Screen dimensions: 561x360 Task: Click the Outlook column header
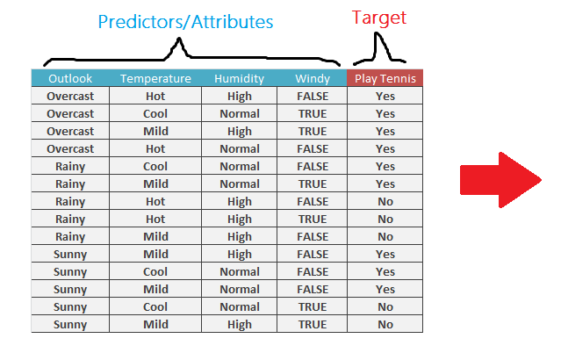point(70,78)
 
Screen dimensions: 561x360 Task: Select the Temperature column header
point(155,78)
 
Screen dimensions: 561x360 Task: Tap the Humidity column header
point(239,78)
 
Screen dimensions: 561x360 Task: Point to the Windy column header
point(312,78)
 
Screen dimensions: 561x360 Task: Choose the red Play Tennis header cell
point(385,78)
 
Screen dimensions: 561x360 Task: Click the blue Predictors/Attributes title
point(185,22)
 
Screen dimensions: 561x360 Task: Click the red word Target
point(379,18)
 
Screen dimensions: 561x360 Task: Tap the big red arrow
point(500,180)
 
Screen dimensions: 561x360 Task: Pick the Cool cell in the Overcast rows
point(155,113)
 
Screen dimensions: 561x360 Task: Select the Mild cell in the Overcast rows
point(155,131)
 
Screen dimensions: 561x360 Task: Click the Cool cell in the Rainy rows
point(155,166)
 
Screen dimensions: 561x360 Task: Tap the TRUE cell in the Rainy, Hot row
point(312,219)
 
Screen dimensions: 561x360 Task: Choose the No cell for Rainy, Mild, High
point(385,236)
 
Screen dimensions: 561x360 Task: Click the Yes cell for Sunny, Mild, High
point(385,254)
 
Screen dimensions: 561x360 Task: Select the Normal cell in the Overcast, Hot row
point(239,148)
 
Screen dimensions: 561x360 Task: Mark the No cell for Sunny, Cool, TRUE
point(385,306)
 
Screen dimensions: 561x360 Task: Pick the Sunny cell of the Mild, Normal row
point(70,289)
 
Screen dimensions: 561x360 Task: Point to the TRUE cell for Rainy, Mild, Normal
point(312,184)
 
